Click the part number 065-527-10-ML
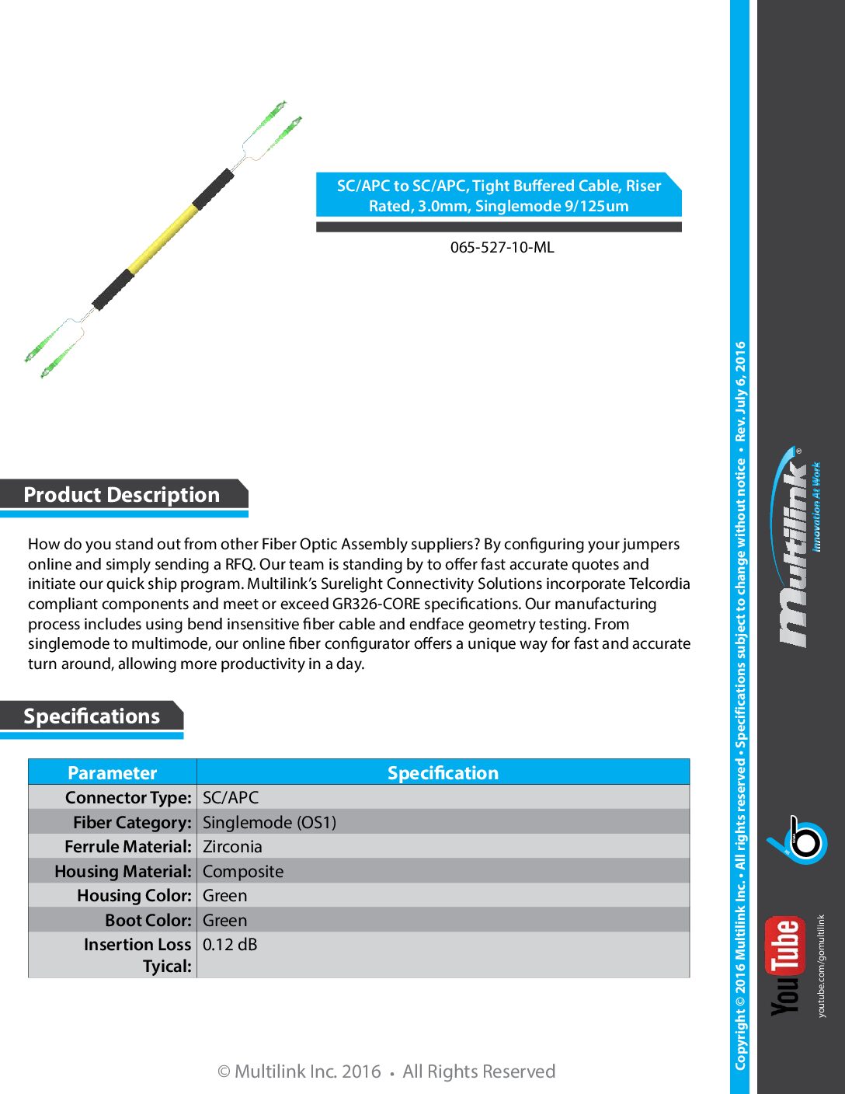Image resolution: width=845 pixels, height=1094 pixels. (502, 248)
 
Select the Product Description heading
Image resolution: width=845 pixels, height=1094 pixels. (122, 495)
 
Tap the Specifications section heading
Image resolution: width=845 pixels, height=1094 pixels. (92, 716)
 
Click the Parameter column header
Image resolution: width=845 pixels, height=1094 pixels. (113, 773)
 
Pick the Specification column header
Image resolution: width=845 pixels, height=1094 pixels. (443, 773)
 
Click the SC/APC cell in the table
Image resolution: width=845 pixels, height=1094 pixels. (231, 798)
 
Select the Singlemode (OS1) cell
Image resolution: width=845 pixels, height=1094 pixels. (269, 822)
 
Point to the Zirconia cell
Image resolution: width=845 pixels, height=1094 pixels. (232, 847)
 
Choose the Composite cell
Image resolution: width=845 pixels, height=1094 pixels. (243, 872)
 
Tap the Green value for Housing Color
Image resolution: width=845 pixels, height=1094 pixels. (224, 896)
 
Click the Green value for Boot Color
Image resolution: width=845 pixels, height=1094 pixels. (224, 921)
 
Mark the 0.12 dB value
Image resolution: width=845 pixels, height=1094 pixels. (230, 945)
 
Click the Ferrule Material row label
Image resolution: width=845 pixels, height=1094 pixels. (127, 847)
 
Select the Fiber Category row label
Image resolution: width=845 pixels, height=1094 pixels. (132, 822)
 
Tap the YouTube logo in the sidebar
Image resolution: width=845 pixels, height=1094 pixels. (785, 967)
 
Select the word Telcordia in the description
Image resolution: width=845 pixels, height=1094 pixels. (659, 584)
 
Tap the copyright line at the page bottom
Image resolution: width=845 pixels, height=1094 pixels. (386, 1072)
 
